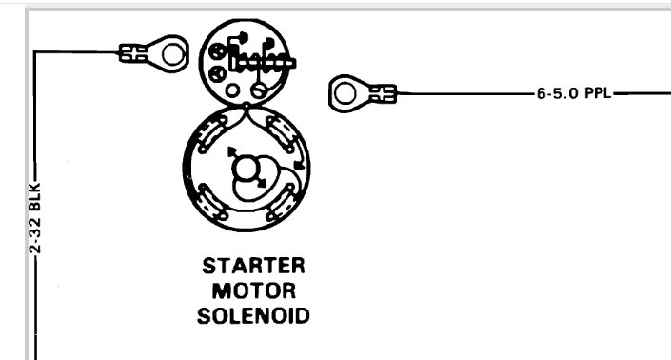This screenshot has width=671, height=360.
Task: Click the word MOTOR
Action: [x=253, y=290]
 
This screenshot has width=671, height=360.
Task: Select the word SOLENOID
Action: [x=253, y=315]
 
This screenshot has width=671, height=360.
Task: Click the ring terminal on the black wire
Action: [x=171, y=54]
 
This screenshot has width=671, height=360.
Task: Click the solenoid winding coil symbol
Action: [x=266, y=63]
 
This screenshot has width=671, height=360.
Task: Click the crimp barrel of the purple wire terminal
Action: [x=383, y=93]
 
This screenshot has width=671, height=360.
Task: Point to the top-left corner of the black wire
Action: [x=34, y=53]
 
